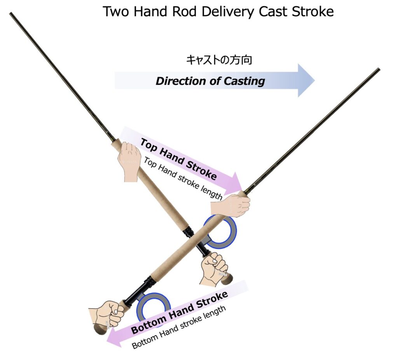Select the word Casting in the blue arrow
(244, 81)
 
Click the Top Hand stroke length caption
(183, 178)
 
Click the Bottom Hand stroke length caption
(179, 327)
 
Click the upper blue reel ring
(220, 232)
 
